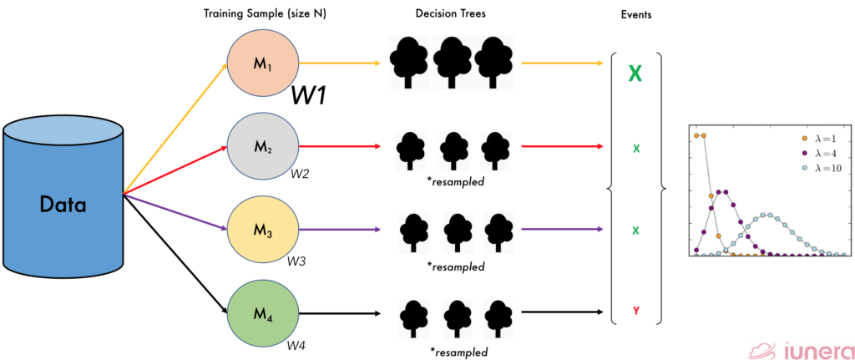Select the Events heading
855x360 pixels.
click(x=637, y=15)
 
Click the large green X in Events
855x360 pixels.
click(x=635, y=74)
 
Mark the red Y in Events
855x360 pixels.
click(x=636, y=312)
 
